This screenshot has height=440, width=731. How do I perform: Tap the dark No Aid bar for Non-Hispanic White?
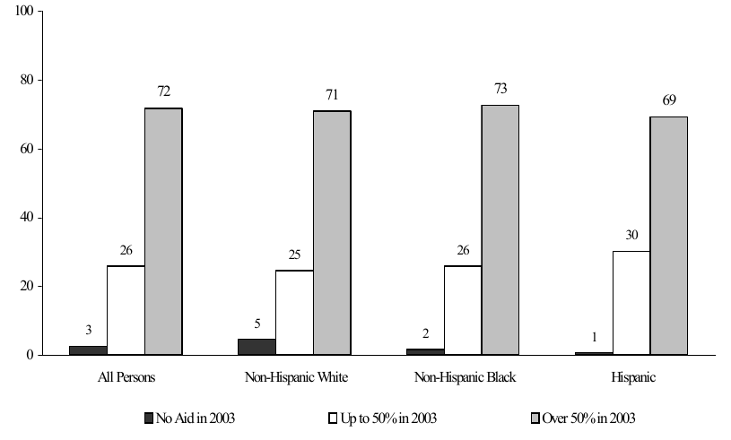tap(257, 347)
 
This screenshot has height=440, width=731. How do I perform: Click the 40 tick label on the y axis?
tap(27, 218)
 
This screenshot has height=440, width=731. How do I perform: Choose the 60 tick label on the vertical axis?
tap(27, 149)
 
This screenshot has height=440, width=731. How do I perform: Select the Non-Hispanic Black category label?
tap(463, 377)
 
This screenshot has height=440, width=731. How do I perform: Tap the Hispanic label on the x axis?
tap(631, 377)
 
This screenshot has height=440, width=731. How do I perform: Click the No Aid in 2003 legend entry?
tap(190, 418)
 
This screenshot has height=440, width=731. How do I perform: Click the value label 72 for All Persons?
tap(163, 91)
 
